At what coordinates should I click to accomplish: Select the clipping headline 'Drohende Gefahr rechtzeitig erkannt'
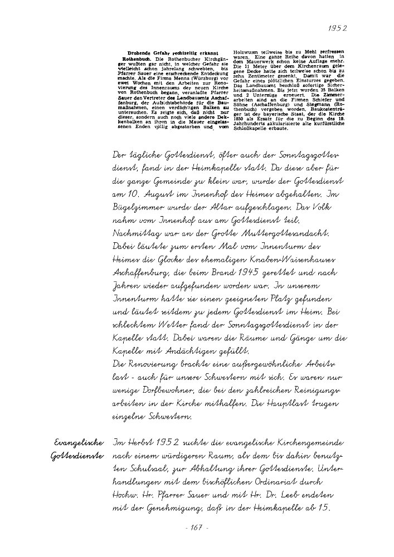point(166,53)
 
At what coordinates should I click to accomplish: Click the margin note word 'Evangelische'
point(79,443)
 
